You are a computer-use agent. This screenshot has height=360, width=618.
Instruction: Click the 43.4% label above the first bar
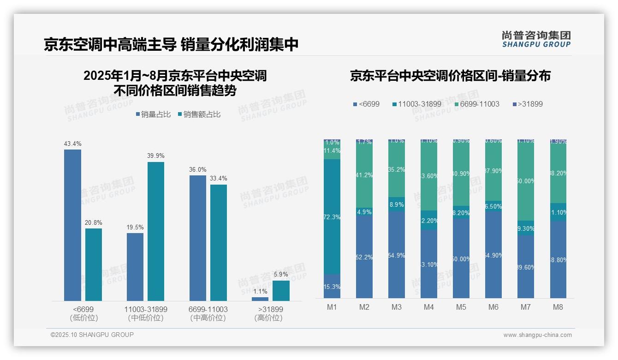[x=72, y=144]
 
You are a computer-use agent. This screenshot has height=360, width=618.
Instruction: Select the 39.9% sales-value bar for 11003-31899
[x=156, y=231]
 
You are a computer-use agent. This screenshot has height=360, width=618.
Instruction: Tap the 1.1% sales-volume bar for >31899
[x=260, y=299]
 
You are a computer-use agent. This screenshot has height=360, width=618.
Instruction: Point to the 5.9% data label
[x=281, y=275]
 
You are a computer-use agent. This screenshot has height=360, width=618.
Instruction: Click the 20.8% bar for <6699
[x=94, y=264]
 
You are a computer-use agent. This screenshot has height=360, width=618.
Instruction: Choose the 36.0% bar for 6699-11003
[x=198, y=238]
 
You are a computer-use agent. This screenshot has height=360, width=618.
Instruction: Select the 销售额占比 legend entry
[x=199, y=114]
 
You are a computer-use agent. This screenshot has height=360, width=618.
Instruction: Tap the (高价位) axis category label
[x=268, y=318]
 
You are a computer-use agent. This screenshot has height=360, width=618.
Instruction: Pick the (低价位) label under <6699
[x=83, y=318]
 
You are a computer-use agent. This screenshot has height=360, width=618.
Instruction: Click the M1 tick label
[x=332, y=307]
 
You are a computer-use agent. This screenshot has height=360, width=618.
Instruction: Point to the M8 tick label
[x=558, y=307]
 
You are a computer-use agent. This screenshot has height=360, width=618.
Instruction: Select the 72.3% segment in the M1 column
[x=332, y=217]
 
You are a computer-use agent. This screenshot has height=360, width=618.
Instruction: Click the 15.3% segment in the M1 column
[x=332, y=287]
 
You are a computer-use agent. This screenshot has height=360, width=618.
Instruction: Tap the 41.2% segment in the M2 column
[x=364, y=175]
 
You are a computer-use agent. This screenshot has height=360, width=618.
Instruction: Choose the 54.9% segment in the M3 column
[x=397, y=255]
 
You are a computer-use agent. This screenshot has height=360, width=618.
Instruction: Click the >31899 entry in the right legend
[x=528, y=104]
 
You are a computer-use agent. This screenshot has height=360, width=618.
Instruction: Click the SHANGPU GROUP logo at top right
[x=536, y=39]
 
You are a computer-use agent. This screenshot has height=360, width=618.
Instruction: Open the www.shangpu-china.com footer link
[x=537, y=335]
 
